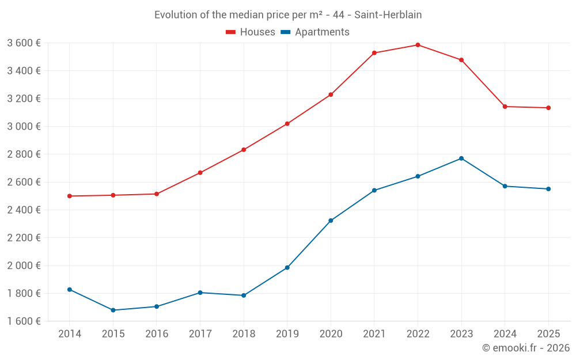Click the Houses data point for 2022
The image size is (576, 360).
[418, 45]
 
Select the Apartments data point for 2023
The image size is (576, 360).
[461, 158]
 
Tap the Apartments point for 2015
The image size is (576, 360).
[113, 310]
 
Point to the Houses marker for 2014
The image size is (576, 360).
[70, 196]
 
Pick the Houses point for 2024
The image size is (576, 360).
[505, 107]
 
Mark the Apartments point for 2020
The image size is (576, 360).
[331, 221]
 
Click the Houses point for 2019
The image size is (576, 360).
[287, 124]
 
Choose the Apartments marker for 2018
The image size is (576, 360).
[244, 295]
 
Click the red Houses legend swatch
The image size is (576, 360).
[230, 32]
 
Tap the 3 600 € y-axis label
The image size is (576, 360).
[24, 43]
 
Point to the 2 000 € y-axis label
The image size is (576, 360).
[24, 266]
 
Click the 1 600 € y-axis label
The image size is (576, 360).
[24, 321]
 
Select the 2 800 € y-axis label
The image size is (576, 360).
[24, 154]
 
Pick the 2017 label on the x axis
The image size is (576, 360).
[200, 334]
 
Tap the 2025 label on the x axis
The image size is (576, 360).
[548, 334]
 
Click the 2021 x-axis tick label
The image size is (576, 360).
[374, 334]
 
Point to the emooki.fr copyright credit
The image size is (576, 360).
[525, 348]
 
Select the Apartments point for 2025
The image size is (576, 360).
[548, 189]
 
